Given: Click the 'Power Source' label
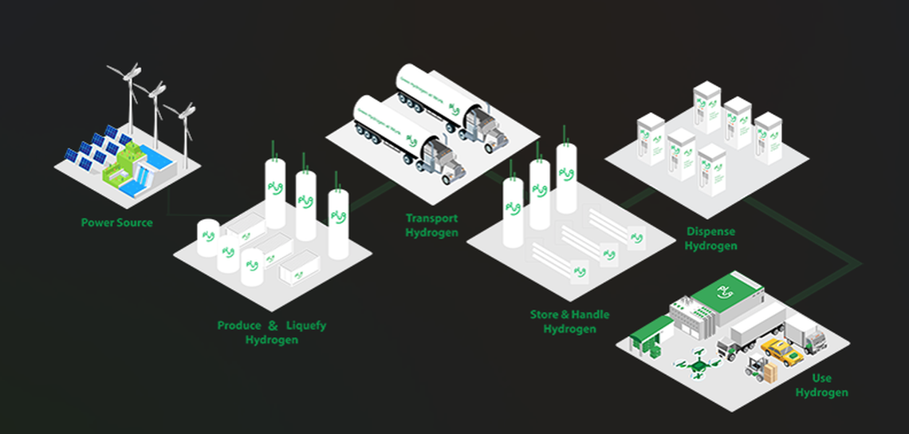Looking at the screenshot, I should [116, 223].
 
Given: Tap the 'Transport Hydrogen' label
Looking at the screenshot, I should [431, 225].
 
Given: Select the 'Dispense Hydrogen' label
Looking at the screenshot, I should [710, 239].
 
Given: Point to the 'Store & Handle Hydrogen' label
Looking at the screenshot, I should [569, 322].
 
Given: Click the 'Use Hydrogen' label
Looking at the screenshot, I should [821, 385].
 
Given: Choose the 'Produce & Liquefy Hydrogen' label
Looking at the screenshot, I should [271, 333].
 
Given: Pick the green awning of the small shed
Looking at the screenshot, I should [652, 324].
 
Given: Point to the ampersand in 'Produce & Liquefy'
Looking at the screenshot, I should [273, 325].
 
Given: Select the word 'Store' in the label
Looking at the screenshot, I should [545, 314].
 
